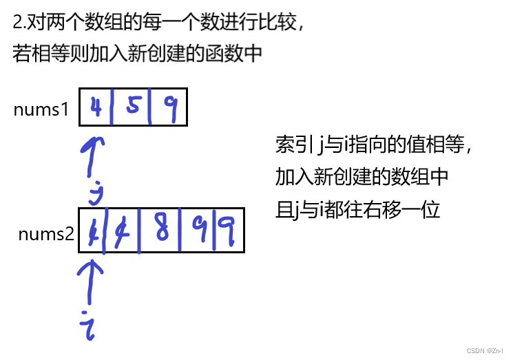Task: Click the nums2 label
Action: (x=46, y=234)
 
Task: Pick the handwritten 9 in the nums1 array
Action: (x=169, y=107)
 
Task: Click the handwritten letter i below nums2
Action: (x=87, y=322)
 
